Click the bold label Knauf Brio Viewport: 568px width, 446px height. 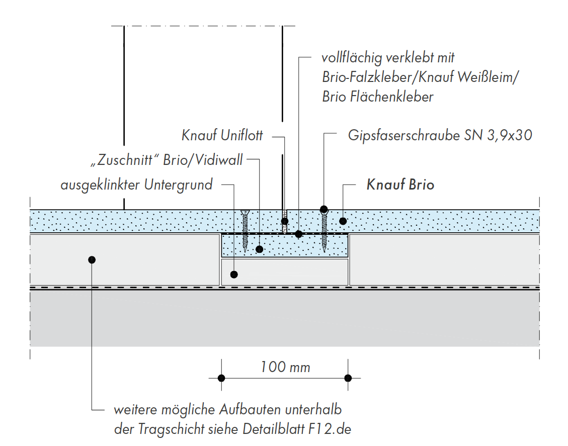click(400, 185)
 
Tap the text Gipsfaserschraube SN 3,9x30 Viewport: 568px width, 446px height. click(440, 135)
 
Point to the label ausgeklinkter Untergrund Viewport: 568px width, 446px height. click(136, 185)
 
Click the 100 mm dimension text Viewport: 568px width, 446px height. click(285, 367)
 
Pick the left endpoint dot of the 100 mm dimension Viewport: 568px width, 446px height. click(221, 378)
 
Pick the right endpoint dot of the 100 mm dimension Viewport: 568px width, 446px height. click(347, 378)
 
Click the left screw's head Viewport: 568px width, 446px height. click(245, 213)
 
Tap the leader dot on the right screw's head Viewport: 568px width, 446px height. click(324, 209)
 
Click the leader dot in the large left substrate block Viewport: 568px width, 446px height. click(91, 259)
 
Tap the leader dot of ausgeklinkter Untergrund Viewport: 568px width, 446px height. click(233, 274)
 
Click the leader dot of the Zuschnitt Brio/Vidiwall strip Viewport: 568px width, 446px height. click(260, 249)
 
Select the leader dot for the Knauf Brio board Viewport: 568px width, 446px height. click(343, 221)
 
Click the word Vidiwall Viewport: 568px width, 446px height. click(221, 160)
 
